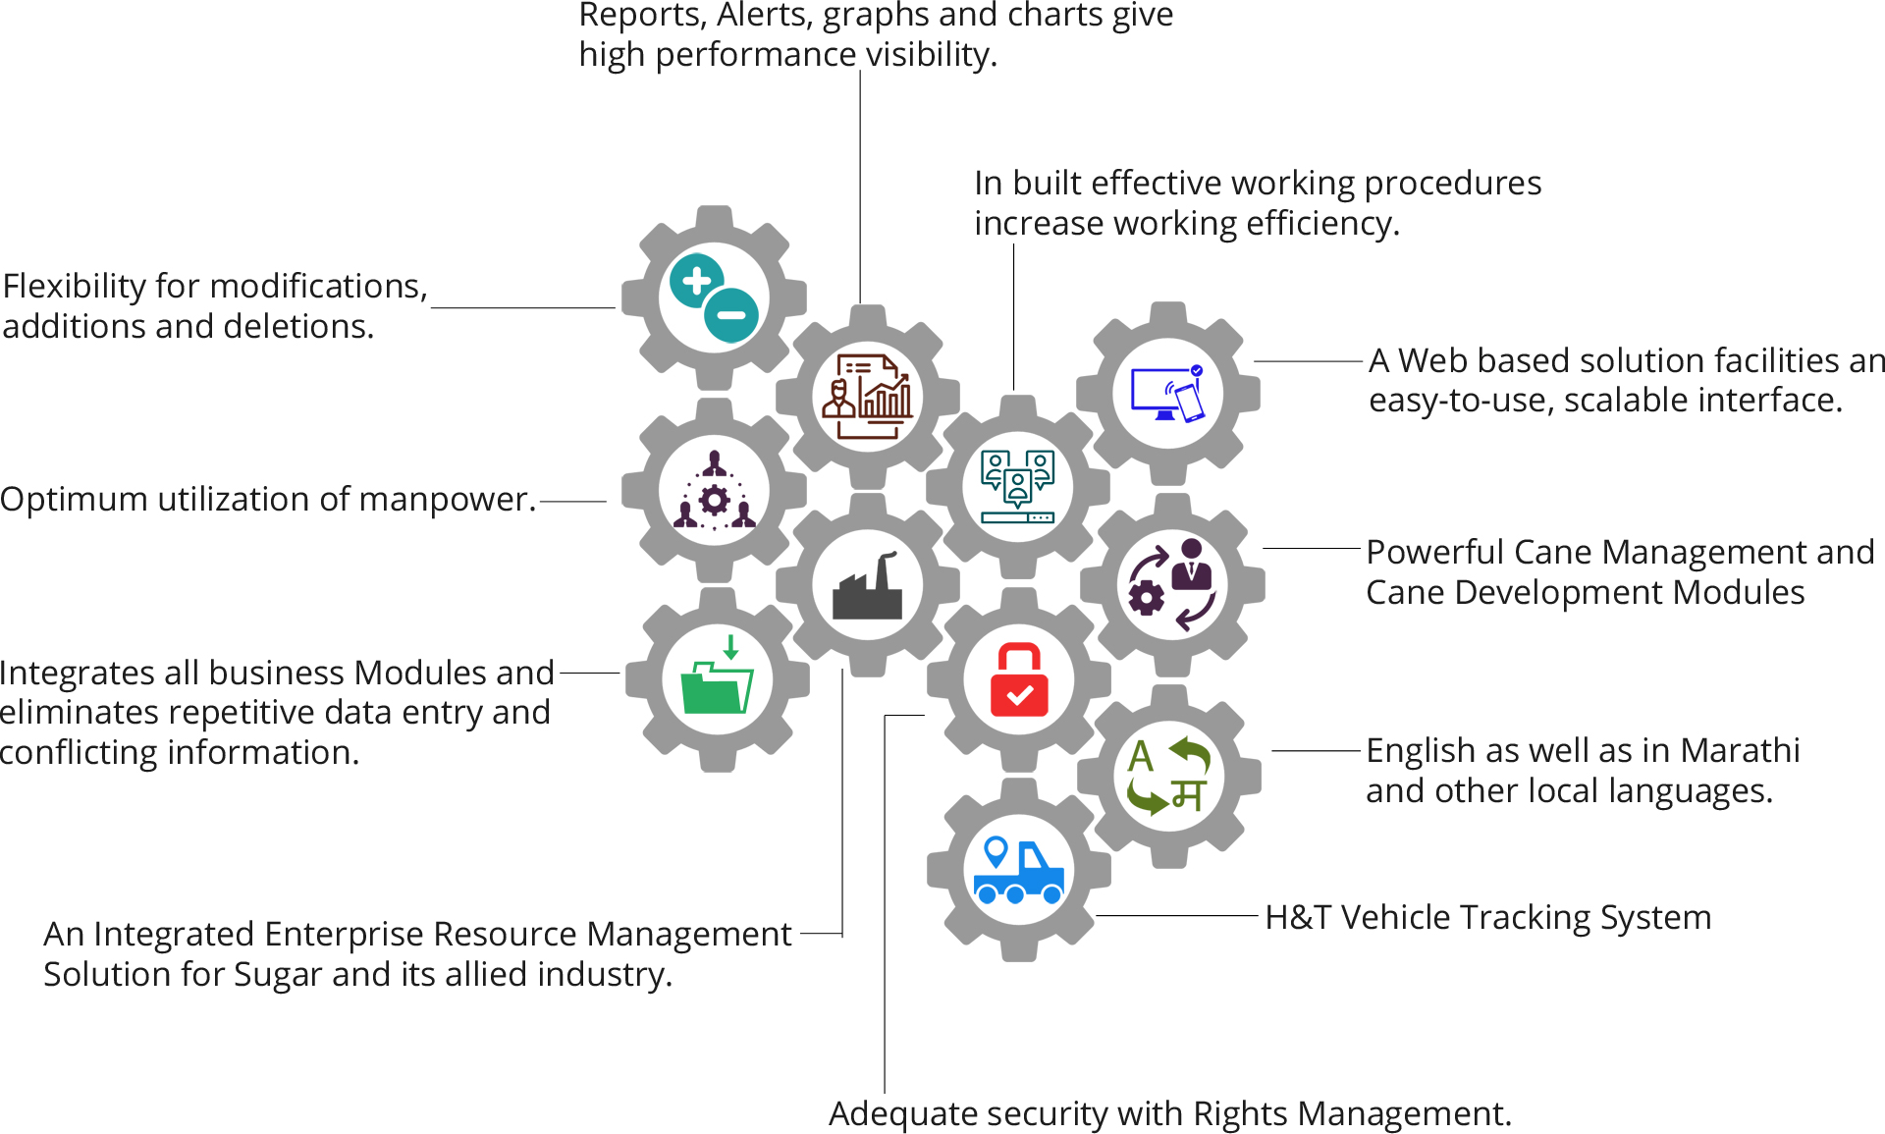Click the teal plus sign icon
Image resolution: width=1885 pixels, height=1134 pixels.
(x=696, y=281)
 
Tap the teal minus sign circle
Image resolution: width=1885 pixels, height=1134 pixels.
(x=732, y=315)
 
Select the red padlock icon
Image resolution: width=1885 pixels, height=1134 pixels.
(x=1019, y=679)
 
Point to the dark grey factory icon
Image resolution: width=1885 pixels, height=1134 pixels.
(x=867, y=586)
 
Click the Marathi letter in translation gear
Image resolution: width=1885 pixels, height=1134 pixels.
(x=1189, y=794)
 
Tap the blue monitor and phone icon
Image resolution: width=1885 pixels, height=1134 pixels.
(x=1167, y=394)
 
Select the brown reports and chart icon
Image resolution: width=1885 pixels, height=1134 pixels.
(x=867, y=397)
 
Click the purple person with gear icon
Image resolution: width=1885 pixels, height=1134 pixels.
(x=1171, y=584)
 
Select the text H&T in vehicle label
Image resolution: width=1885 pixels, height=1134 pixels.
(x=1298, y=917)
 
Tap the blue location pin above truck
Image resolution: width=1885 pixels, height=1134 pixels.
(x=996, y=849)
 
